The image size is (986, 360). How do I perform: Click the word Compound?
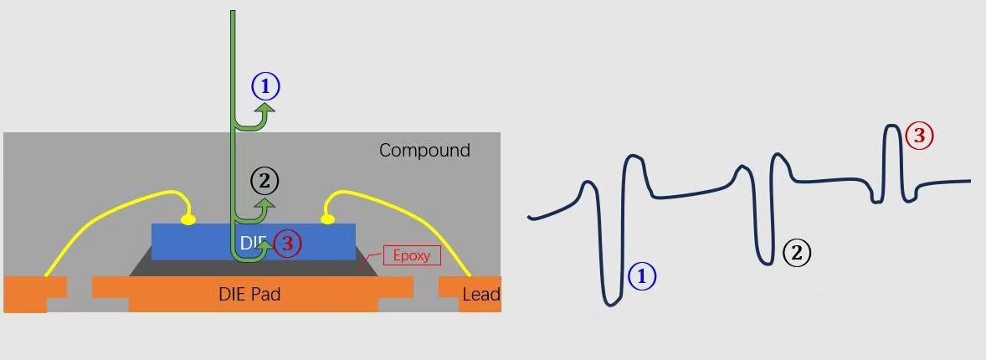[x=424, y=151]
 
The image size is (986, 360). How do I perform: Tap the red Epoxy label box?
[x=412, y=255]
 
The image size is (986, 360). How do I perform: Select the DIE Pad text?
[x=249, y=294]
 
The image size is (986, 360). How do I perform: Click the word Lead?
[x=481, y=295]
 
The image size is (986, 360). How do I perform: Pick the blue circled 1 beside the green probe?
[x=265, y=87]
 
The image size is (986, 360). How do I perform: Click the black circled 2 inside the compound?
[x=264, y=182]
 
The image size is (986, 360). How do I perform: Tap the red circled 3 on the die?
[x=287, y=244]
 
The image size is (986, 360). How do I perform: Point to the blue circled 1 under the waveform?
[x=642, y=276]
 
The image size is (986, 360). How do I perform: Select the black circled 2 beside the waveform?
[x=797, y=253]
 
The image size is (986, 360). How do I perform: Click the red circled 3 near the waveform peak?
[x=919, y=136]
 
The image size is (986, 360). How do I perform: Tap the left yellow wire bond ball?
[x=188, y=219]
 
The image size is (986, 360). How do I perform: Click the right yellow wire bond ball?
[x=327, y=219]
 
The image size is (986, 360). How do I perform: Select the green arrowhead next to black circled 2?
[x=266, y=204]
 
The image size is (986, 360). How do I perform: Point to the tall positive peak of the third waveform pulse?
[x=892, y=126]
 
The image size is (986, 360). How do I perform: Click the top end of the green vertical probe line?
[x=233, y=11]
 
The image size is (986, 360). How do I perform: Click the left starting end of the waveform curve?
[x=530, y=217]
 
